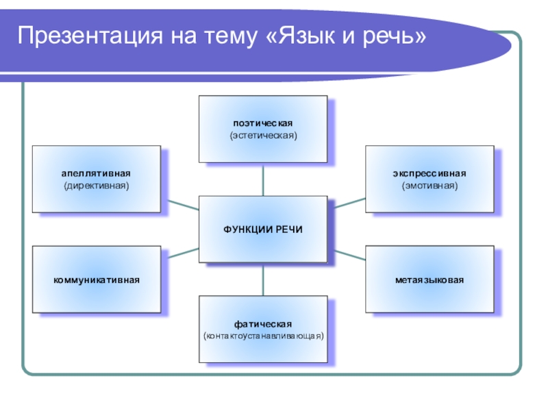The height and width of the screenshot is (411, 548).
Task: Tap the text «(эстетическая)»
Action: tap(263, 136)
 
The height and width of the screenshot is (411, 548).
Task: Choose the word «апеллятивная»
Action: tap(96, 173)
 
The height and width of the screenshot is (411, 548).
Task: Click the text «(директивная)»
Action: tap(96, 186)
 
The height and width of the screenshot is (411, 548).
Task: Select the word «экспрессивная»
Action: tap(429, 173)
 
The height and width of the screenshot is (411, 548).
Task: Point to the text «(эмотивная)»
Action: tap(429, 186)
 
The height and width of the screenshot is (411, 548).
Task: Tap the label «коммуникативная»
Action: tap(97, 280)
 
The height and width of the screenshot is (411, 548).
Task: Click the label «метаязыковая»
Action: tap(429, 280)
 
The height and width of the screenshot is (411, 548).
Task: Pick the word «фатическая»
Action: tap(263, 323)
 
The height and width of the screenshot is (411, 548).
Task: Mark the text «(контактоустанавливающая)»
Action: tap(263, 336)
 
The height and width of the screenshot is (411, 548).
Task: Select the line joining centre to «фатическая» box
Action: tap(263, 279)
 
